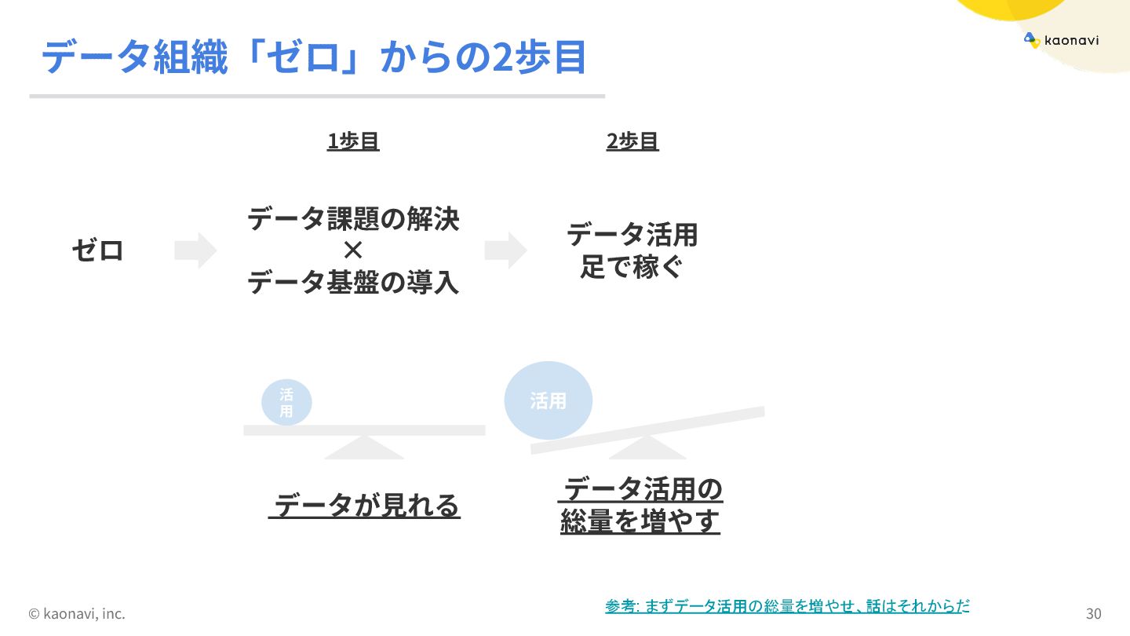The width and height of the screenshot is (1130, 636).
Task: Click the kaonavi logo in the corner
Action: [x=1061, y=40]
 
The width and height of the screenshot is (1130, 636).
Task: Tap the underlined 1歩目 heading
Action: [x=353, y=141]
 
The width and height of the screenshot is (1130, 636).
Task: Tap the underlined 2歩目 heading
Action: [x=632, y=141]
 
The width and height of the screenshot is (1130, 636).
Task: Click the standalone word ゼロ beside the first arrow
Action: [x=98, y=251]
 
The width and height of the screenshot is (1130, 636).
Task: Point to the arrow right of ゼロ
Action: [x=195, y=250]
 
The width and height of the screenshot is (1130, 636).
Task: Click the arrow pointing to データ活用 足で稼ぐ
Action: [x=505, y=250]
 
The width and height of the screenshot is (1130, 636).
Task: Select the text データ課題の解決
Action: [x=353, y=218]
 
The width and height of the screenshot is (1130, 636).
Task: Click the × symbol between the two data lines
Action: [x=353, y=250]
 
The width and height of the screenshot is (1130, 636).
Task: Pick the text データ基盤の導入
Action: [x=353, y=282]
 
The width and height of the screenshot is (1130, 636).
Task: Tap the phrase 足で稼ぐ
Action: [x=632, y=268]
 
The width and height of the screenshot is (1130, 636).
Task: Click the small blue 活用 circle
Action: [x=286, y=403]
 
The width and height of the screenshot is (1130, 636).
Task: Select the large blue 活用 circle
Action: [x=548, y=400]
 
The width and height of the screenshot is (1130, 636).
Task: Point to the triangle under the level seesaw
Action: [x=364, y=448]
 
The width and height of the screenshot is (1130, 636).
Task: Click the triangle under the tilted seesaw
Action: [x=647, y=449]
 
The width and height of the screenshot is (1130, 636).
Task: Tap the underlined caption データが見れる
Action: [x=365, y=506]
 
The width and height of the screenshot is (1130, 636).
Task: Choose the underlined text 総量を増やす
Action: [x=640, y=522]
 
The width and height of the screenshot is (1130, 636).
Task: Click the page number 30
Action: [x=1093, y=613]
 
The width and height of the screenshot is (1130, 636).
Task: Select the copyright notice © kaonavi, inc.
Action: [x=77, y=613]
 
